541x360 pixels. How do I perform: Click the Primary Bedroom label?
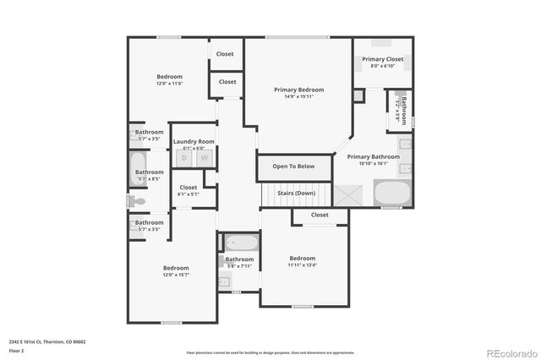click(x=298, y=90)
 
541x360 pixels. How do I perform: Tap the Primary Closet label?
click(x=383, y=59)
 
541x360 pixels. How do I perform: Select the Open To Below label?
click(x=293, y=166)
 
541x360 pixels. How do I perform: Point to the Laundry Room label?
click(x=194, y=141)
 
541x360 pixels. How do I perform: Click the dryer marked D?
click(x=183, y=157)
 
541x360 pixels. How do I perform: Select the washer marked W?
click(x=204, y=157)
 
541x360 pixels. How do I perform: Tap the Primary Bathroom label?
click(x=373, y=156)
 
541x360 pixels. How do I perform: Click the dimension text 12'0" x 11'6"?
click(x=169, y=84)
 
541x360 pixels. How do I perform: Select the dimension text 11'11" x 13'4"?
click(x=302, y=265)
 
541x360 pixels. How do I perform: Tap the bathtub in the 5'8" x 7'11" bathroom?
click(x=239, y=243)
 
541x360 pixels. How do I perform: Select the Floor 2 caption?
click(x=17, y=350)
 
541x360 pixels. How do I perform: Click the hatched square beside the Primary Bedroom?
click(x=357, y=96)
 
